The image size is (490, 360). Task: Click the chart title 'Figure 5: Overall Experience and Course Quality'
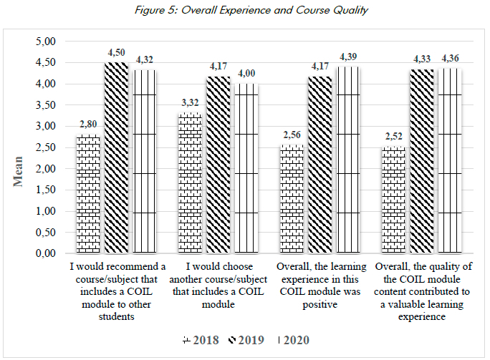[245, 9]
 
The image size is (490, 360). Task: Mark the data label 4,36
[451, 58]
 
